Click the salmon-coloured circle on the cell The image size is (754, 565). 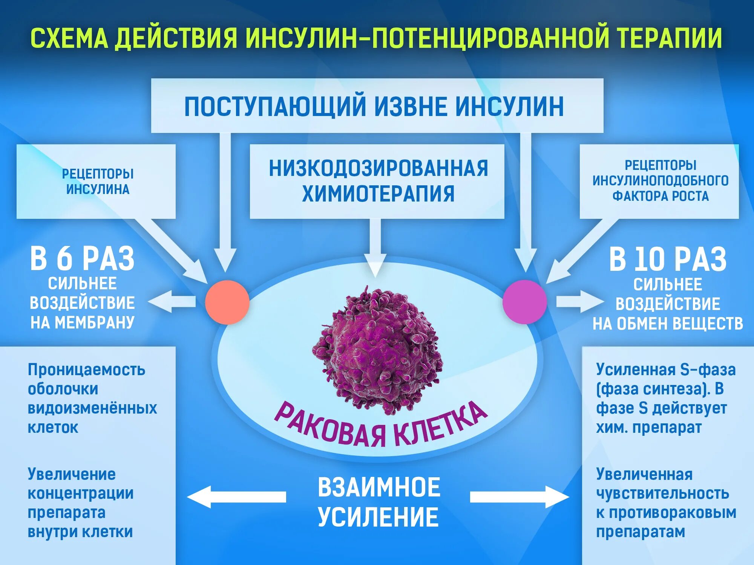(x=227, y=302)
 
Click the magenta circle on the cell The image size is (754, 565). (x=524, y=302)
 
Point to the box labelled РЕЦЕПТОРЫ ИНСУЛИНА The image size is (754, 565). (x=96, y=181)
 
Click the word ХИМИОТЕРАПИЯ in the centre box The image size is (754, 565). (x=378, y=194)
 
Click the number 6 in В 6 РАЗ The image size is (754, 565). (x=64, y=259)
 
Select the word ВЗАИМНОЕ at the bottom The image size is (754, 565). (x=379, y=487)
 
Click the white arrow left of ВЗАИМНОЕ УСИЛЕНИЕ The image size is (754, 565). (x=237, y=497)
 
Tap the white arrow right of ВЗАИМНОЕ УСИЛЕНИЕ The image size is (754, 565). (x=519, y=497)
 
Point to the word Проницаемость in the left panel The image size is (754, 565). (x=86, y=370)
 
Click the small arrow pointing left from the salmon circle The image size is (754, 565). (x=172, y=301)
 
